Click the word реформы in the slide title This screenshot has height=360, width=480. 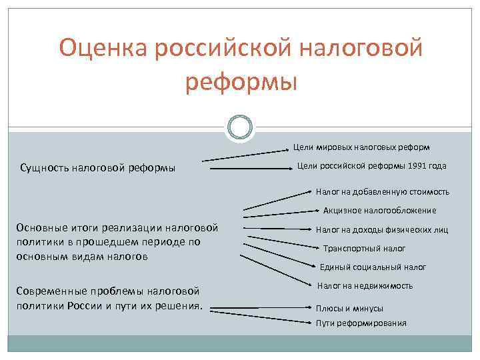(x=240, y=82)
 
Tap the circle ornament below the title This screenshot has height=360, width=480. (x=240, y=127)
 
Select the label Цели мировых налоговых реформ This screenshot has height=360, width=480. (x=361, y=147)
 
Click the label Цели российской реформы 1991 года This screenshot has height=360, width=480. (x=371, y=166)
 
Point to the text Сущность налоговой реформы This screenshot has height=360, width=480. (x=99, y=168)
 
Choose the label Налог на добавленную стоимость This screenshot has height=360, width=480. (x=383, y=191)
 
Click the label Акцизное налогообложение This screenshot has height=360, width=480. (x=380, y=211)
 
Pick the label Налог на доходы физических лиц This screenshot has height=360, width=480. (x=381, y=230)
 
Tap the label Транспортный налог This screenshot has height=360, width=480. (x=364, y=249)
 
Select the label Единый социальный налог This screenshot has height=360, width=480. (x=373, y=267)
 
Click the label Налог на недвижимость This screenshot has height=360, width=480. (x=365, y=286)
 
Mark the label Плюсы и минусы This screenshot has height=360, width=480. (x=349, y=309)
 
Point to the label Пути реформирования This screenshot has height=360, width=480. (x=361, y=323)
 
